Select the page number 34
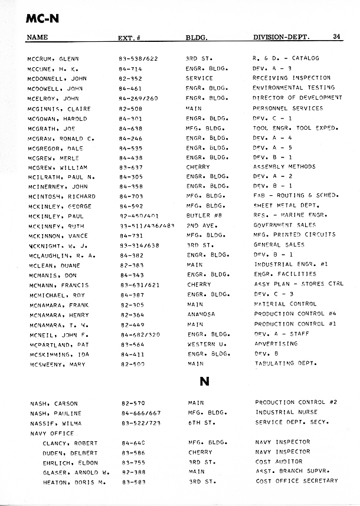(x=337, y=37)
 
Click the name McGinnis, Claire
(x=59, y=109)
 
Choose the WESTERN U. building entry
(x=205, y=344)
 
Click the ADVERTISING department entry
(x=276, y=344)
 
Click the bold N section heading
(x=205, y=381)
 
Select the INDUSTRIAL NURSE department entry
(x=286, y=413)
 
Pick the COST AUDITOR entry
(x=279, y=462)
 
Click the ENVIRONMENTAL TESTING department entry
(x=293, y=88)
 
